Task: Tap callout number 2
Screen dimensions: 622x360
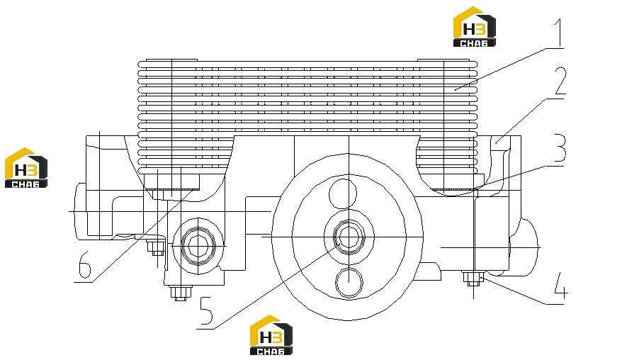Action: (560, 81)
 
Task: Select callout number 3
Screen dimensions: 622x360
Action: (560, 147)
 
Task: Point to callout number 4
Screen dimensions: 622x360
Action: (560, 286)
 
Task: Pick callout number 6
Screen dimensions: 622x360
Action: (85, 265)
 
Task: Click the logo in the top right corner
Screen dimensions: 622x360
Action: (475, 27)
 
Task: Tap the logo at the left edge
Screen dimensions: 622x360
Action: (26, 168)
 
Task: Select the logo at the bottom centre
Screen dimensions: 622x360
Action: (271, 335)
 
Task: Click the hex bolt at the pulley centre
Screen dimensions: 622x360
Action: (349, 237)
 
